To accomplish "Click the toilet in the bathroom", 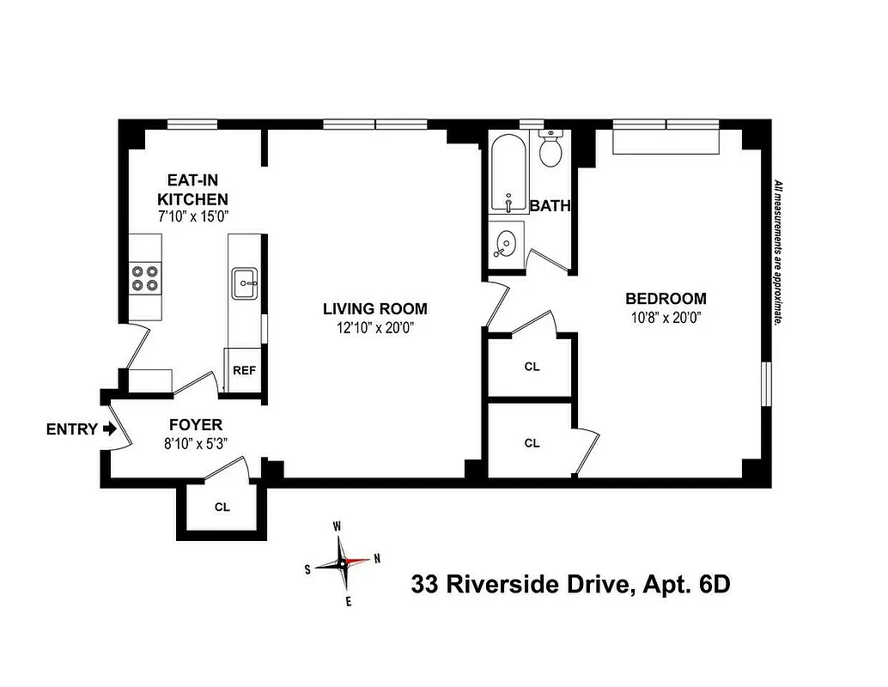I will coord(550,151).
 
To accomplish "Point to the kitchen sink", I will coord(245,282).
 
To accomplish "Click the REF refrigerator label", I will coord(245,371).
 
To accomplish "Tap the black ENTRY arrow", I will coord(108,429).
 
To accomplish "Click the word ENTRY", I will coord(71,429).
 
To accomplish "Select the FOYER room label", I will coord(195,424).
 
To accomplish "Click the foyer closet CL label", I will coord(222,507).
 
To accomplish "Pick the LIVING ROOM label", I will coord(374,309).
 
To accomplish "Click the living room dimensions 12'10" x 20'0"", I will coord(374,328).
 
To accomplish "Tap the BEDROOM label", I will coord(666,299).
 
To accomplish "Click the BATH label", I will coord(550,206).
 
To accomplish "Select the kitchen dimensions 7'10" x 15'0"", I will coord(192,217).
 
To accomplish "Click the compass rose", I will coord(342,563).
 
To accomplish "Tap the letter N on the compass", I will coord(376,558).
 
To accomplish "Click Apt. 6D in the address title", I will coord(685,586).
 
